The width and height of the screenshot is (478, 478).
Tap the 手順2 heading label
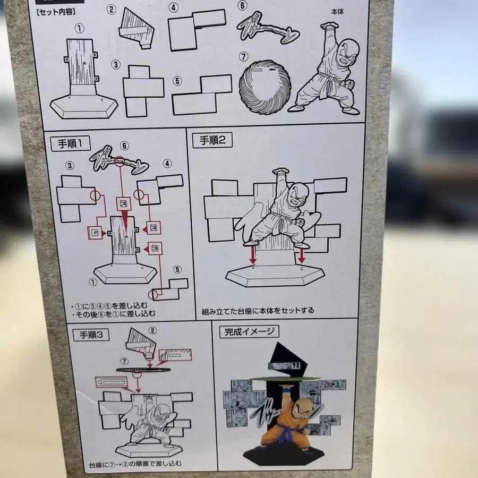tap(212, 141)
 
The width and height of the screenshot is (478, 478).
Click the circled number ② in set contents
tap(111, 9)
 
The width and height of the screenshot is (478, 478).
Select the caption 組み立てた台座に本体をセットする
tap(258, 310)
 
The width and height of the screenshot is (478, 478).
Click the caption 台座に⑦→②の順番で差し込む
tap(142, 463)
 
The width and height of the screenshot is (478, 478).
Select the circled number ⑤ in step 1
tap(177, 269)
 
